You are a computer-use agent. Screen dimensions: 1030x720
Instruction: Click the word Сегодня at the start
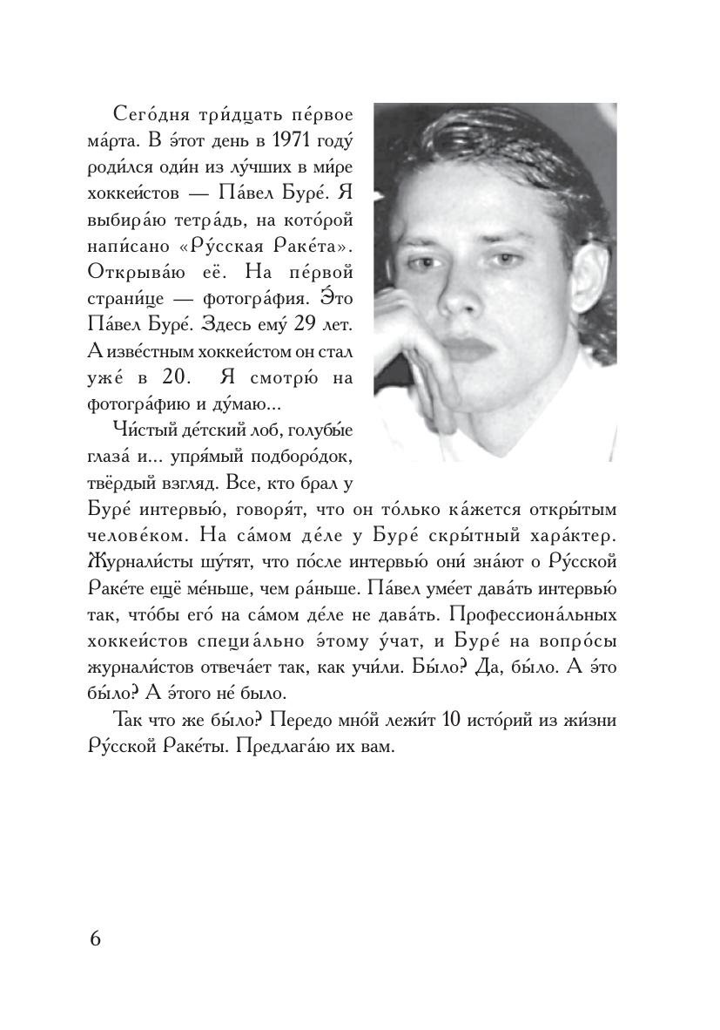pyautogui.click(x=145, y=117)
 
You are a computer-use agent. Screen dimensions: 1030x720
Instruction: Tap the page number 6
pyautogui.click(x=95, y=939)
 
